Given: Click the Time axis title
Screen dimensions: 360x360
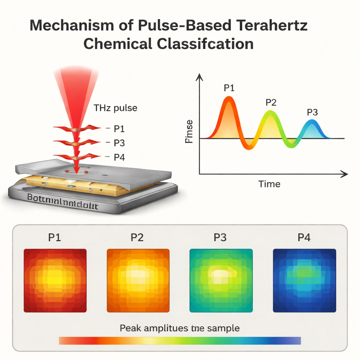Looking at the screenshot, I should click(269, 184).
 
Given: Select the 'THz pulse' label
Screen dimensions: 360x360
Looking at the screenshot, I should click(115, 108).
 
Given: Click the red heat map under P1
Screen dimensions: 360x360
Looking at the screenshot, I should click(55, 281).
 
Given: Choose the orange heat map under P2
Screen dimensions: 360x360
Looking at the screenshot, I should click(138, 281).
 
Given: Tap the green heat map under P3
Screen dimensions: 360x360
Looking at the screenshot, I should click(221, 281).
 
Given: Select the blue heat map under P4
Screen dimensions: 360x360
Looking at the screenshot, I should click(304, 281).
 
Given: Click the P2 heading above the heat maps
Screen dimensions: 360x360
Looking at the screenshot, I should click(137, 238).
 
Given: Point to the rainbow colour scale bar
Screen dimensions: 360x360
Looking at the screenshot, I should click(180, 341).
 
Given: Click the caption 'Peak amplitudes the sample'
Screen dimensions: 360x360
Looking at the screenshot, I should click(180, 328).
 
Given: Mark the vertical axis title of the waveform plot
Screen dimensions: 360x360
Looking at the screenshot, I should click(189, 131).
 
